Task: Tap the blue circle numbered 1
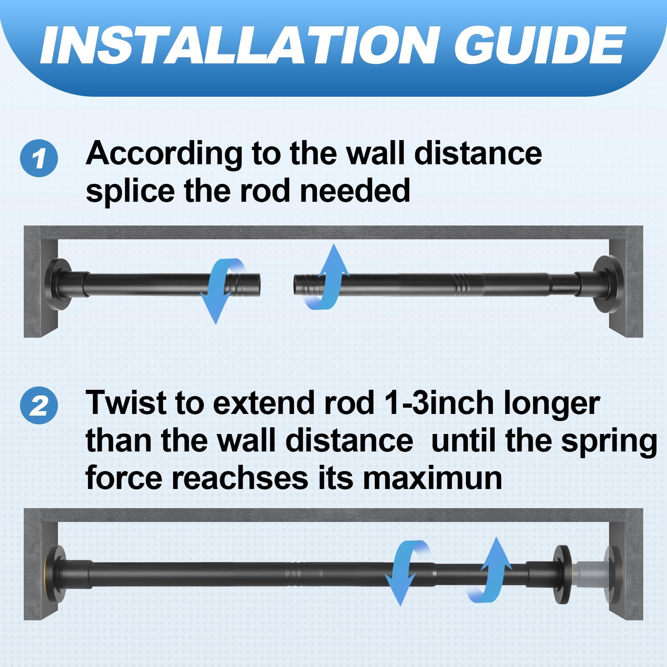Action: tap(39, 158)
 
